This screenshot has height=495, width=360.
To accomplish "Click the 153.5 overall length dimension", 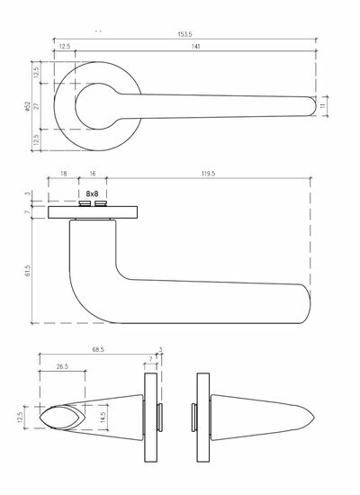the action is click(184, 34).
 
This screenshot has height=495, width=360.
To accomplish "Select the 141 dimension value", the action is click(196, 47).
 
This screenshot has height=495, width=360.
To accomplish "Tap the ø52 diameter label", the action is click(27, 106).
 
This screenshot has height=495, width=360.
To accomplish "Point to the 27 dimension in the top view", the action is click(36, 106).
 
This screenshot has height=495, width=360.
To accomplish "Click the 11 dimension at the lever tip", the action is click(323, 106).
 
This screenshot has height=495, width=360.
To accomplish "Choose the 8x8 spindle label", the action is click(92, 193).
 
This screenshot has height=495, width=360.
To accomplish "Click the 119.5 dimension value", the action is click(209, 174).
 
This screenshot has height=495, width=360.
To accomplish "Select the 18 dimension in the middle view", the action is click(64, 174).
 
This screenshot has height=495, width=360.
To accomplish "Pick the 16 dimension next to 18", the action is click(93, 174).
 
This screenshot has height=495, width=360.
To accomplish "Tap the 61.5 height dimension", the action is click(27, 271).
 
